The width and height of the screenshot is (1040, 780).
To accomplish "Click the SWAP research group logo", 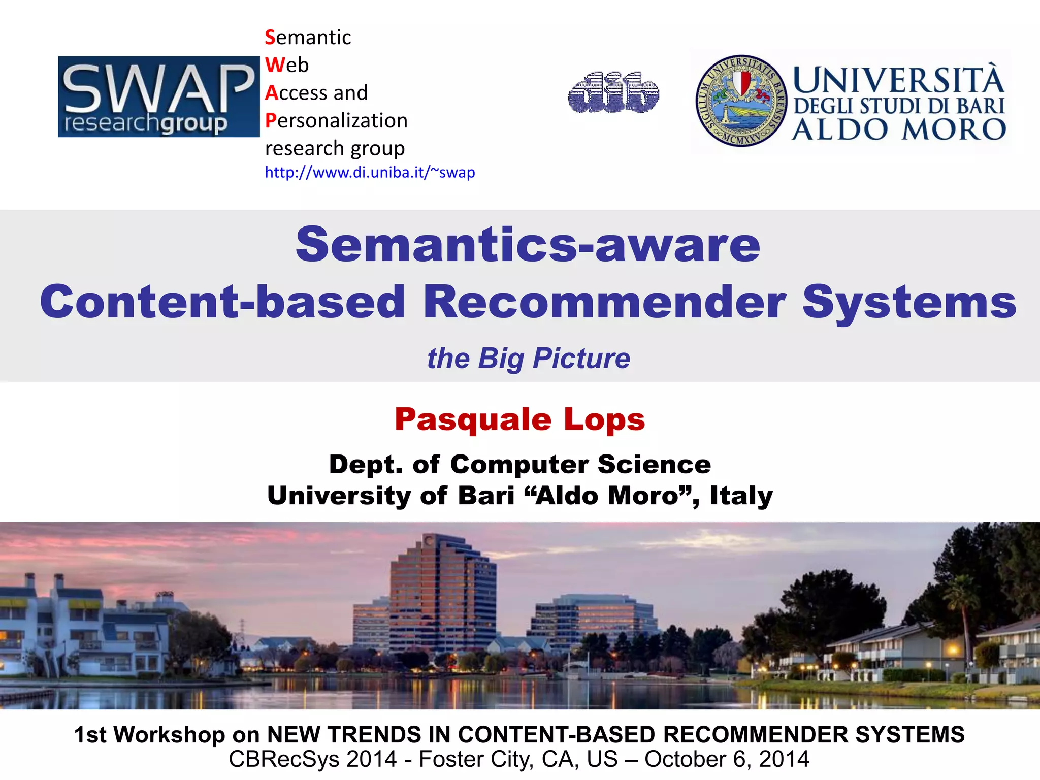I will coord(158,96).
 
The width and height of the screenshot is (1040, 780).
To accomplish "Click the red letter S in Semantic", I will coord(270,38).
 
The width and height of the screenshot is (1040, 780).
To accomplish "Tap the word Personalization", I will coord(336,121).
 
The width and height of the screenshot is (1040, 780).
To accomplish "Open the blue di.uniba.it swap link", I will coord(370,173).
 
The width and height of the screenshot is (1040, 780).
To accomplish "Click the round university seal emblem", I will coord(741,101).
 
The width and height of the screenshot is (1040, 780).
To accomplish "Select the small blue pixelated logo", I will coord(613,92).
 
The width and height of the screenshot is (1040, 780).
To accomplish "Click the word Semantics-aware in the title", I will coord(528,245).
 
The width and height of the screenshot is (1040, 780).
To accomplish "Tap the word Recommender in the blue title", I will coord(604,302).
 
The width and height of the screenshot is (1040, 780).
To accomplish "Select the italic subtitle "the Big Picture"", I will coord(528,359).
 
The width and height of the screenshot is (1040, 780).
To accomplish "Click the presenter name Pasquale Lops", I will coord(519,420).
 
